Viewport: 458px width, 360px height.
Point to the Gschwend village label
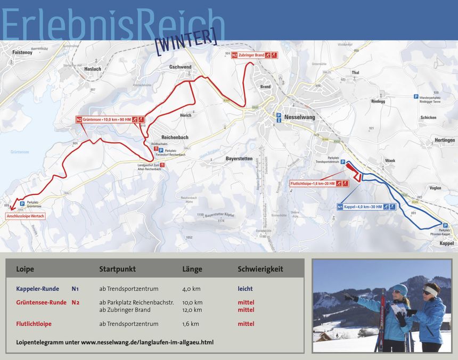pos(180,67)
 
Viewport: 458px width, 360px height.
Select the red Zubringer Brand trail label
pos(254,55)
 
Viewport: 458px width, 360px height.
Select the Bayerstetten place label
pos(239,159)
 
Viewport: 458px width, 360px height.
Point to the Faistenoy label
pos(22,53)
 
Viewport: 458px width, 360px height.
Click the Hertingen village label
pos(444,140)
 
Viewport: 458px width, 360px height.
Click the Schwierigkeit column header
pos(260,269)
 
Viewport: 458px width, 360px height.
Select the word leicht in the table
pos(245,289)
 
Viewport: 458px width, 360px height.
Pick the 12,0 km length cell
pos(192,310)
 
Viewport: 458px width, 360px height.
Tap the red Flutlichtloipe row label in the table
pos(34,324)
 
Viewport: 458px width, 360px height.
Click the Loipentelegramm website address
pos(147,342)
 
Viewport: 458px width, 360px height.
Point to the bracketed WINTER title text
pos(186,40)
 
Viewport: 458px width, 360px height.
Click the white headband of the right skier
pos(430,291)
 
